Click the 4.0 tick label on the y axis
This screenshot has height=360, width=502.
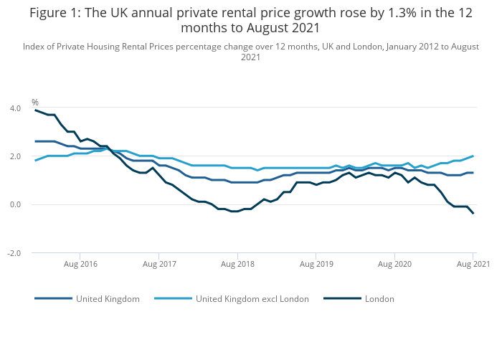tap(15, 108)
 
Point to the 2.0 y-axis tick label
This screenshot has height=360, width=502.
tap(15, 156)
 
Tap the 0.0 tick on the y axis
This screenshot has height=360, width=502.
tap(15, 204)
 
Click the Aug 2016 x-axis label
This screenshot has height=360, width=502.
tap(80, 264)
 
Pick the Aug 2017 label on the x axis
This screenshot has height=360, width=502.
tap(159, 264)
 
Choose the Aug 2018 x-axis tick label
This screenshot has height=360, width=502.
tap(238, 264)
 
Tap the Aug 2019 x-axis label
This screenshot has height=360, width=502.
tap(316, 264)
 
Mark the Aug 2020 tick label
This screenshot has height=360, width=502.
tap(394, 264)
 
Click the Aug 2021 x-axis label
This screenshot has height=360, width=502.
tap(473, 264)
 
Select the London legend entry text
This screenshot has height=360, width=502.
tap(379, 298)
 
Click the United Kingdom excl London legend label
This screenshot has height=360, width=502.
tap(252, 298)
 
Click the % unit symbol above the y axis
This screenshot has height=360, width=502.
tap(35, 103)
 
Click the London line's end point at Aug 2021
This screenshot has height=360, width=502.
tap(473, 213)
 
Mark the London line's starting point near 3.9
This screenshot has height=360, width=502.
tap(35, 110)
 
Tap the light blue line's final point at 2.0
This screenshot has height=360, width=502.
tap(473, 156)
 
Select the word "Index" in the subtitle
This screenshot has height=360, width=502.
tap(34, 47)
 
